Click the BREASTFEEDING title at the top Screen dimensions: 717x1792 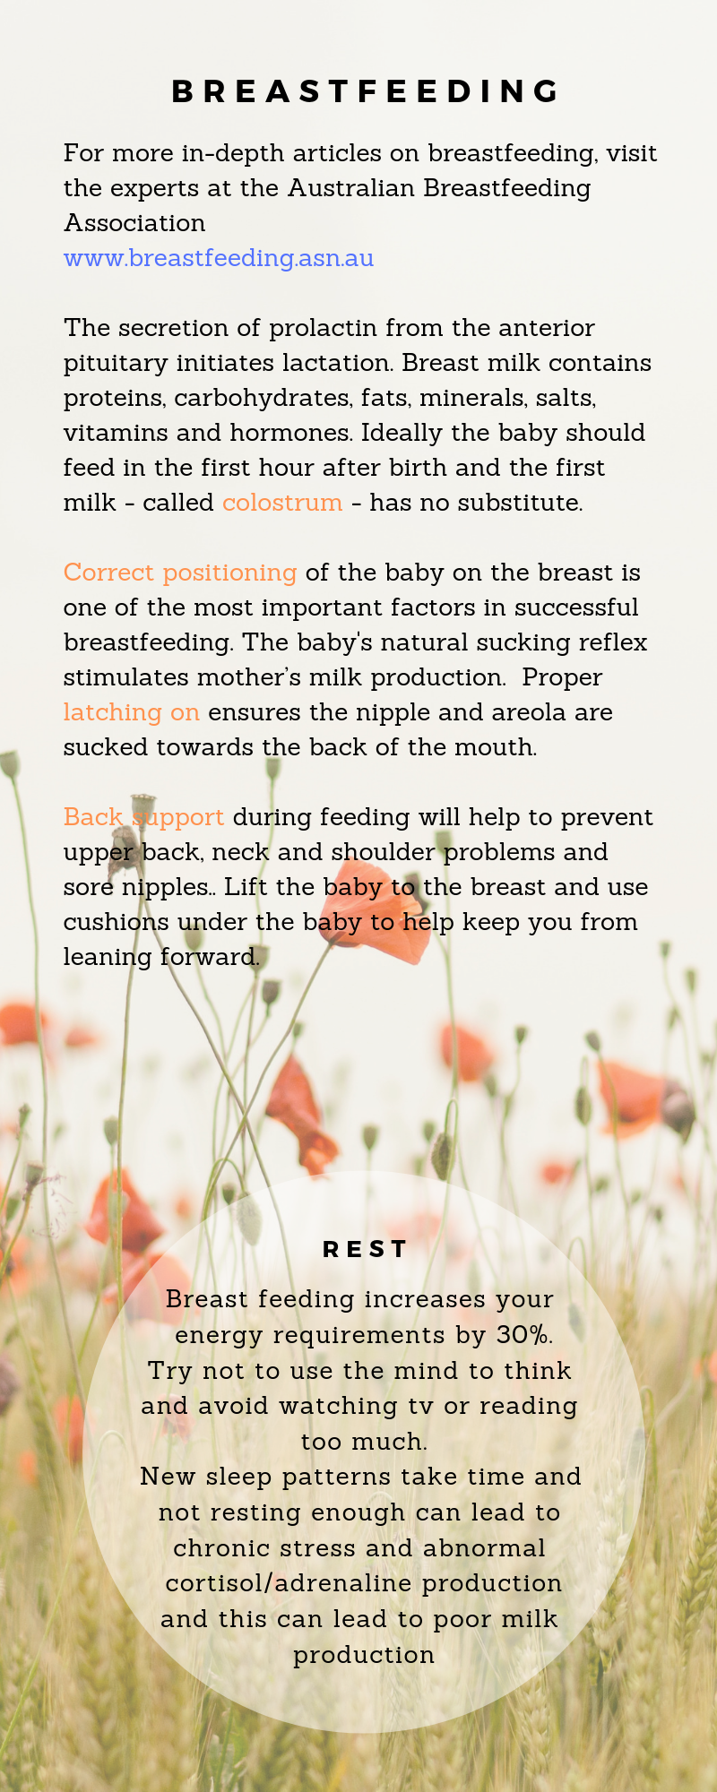click(366, 91)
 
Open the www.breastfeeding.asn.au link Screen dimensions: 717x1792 click(219, 258)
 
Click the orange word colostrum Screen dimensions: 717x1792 click(282, 503)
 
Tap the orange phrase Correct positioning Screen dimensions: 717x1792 click(180, 573)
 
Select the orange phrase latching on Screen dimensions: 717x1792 click(132, 713)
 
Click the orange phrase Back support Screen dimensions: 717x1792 click(143, 818)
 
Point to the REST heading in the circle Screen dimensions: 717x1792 click(365, 1249)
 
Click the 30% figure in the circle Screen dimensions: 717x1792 click(523, 1335)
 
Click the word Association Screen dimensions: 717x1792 click(134, 223)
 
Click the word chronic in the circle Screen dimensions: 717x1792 click(215, 1548)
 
